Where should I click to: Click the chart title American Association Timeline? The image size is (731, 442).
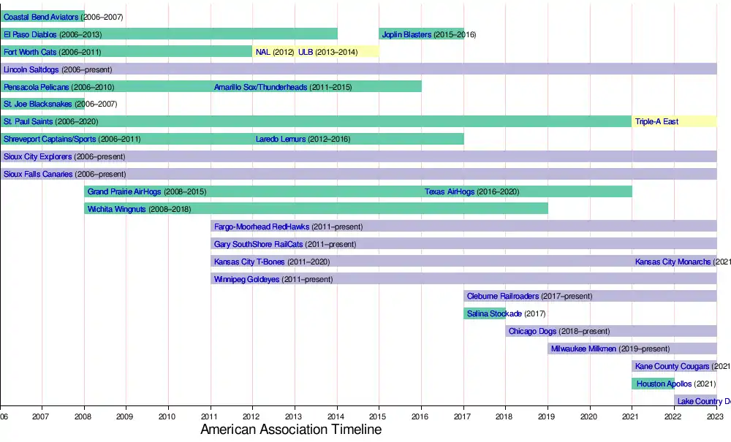(291, 430)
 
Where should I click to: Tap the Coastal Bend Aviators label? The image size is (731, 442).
(41, 16)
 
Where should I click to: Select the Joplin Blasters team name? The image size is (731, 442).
(406, 34)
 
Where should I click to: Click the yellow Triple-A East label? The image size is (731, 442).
(656, 122)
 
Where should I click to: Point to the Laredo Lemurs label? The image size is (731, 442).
(281, 139)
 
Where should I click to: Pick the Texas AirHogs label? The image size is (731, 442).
(450, 191)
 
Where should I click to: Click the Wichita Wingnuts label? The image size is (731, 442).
(117, 209)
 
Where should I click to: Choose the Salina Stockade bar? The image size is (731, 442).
(484, 313)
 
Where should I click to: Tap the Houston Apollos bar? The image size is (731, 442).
(652, 384)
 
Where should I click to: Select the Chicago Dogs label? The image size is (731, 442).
(533, 331)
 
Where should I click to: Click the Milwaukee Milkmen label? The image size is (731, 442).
(583, 348)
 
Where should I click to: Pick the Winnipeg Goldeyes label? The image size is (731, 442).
(246, 279)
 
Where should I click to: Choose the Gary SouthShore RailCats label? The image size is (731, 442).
(258, 244)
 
